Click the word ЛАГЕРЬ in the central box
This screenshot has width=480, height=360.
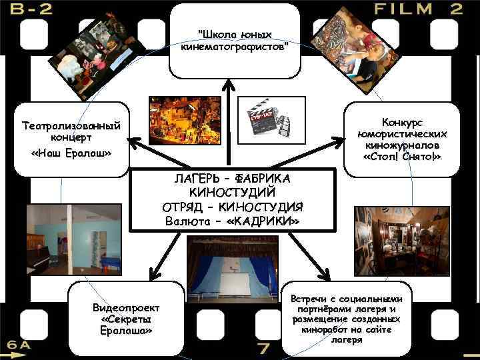(195, 179)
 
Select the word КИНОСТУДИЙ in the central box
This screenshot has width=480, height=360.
(238, 192)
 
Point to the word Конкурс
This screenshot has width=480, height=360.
(402, 123)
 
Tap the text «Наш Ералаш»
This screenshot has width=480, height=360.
(71, 154)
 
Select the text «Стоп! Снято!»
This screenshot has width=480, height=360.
(402, 156)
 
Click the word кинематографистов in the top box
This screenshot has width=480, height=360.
(235, 47)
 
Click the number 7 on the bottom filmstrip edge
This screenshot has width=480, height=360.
(264, 348)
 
